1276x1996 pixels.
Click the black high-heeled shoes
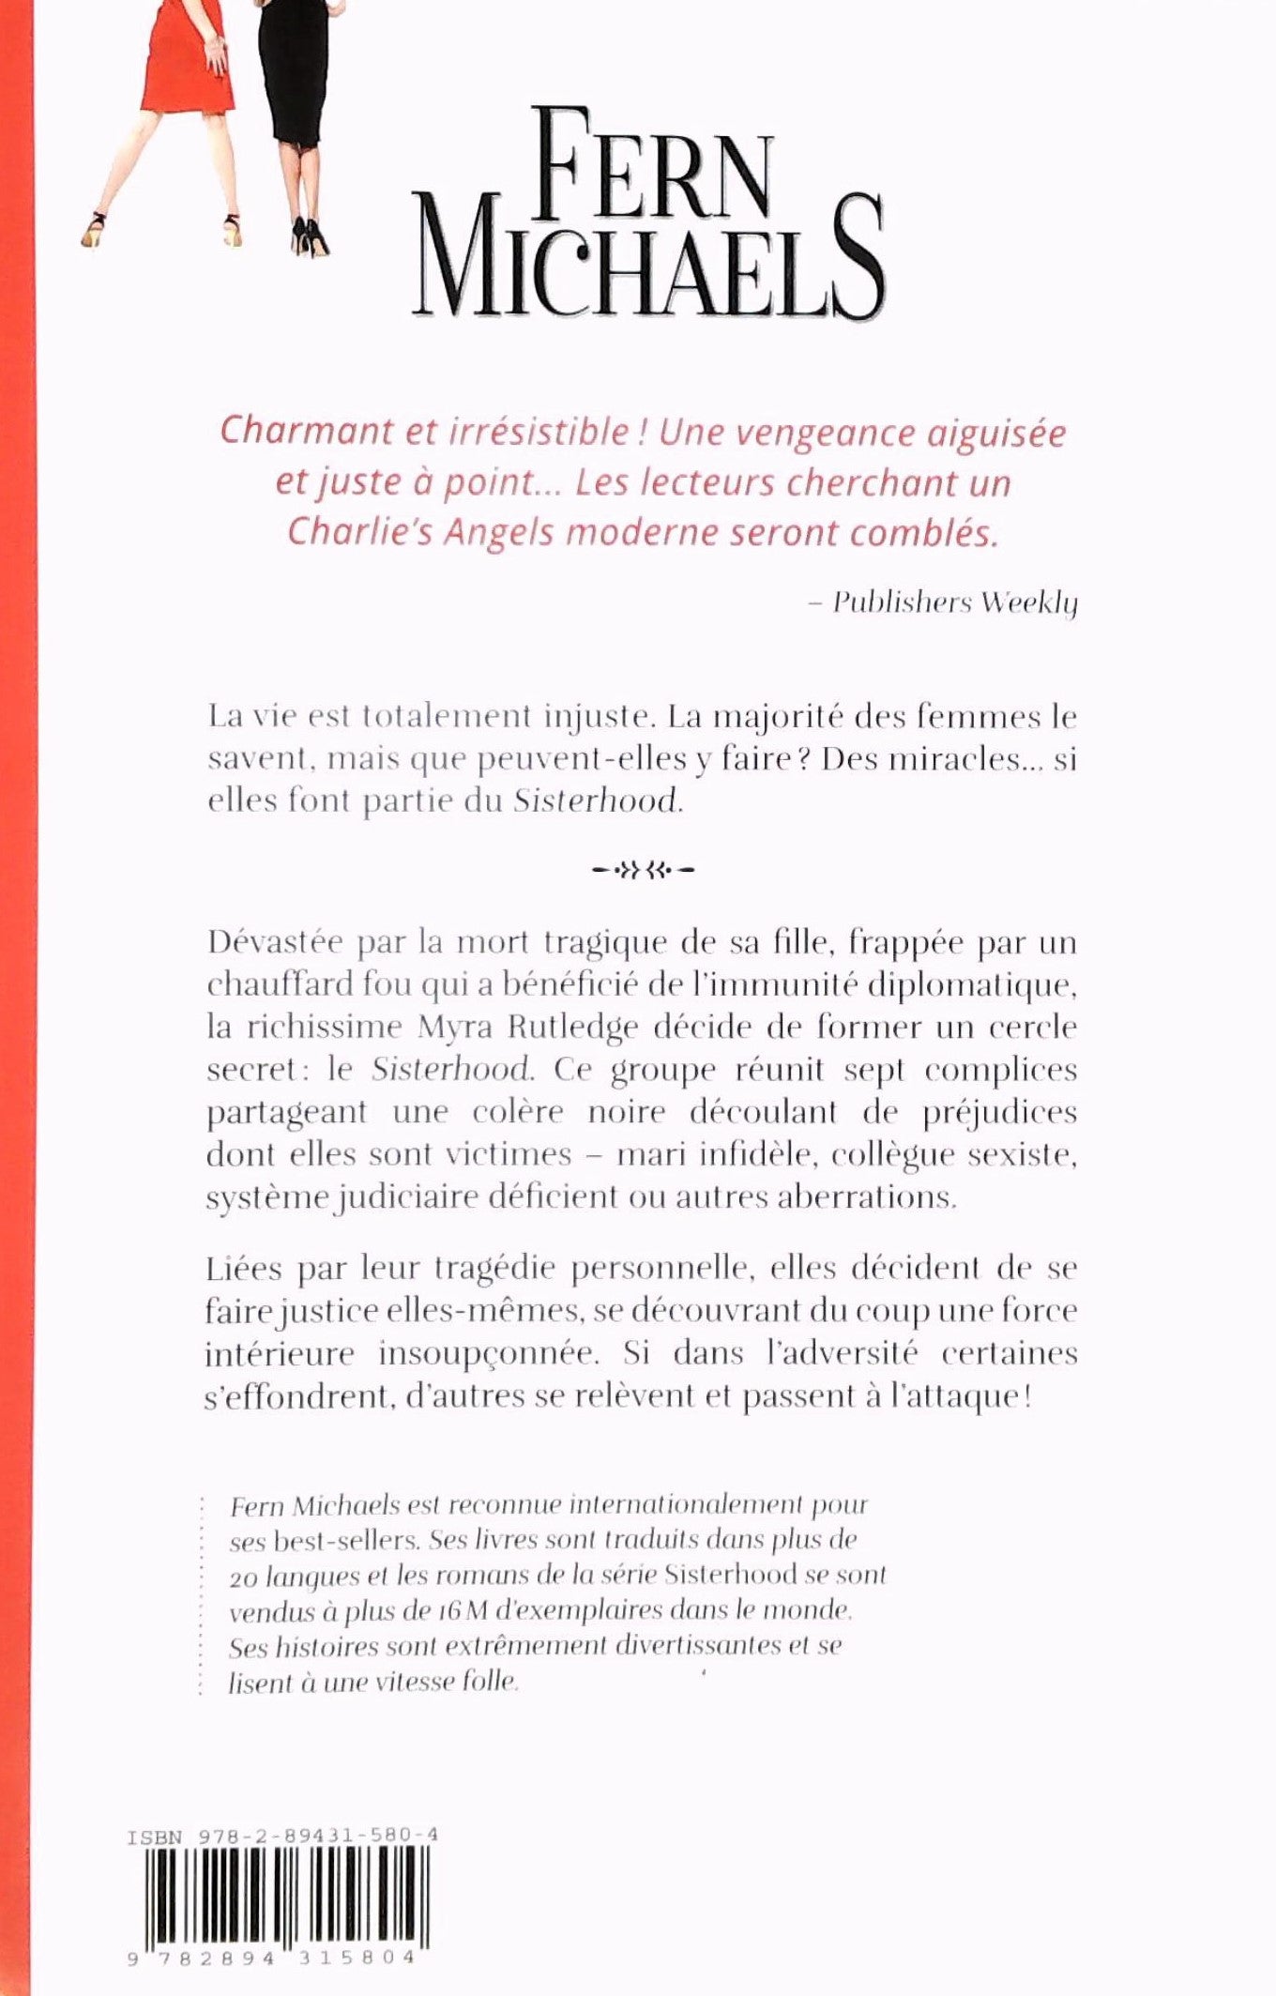click(310, 236)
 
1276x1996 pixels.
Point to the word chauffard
click(275, 984)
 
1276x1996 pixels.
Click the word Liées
click(243, 1268)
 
